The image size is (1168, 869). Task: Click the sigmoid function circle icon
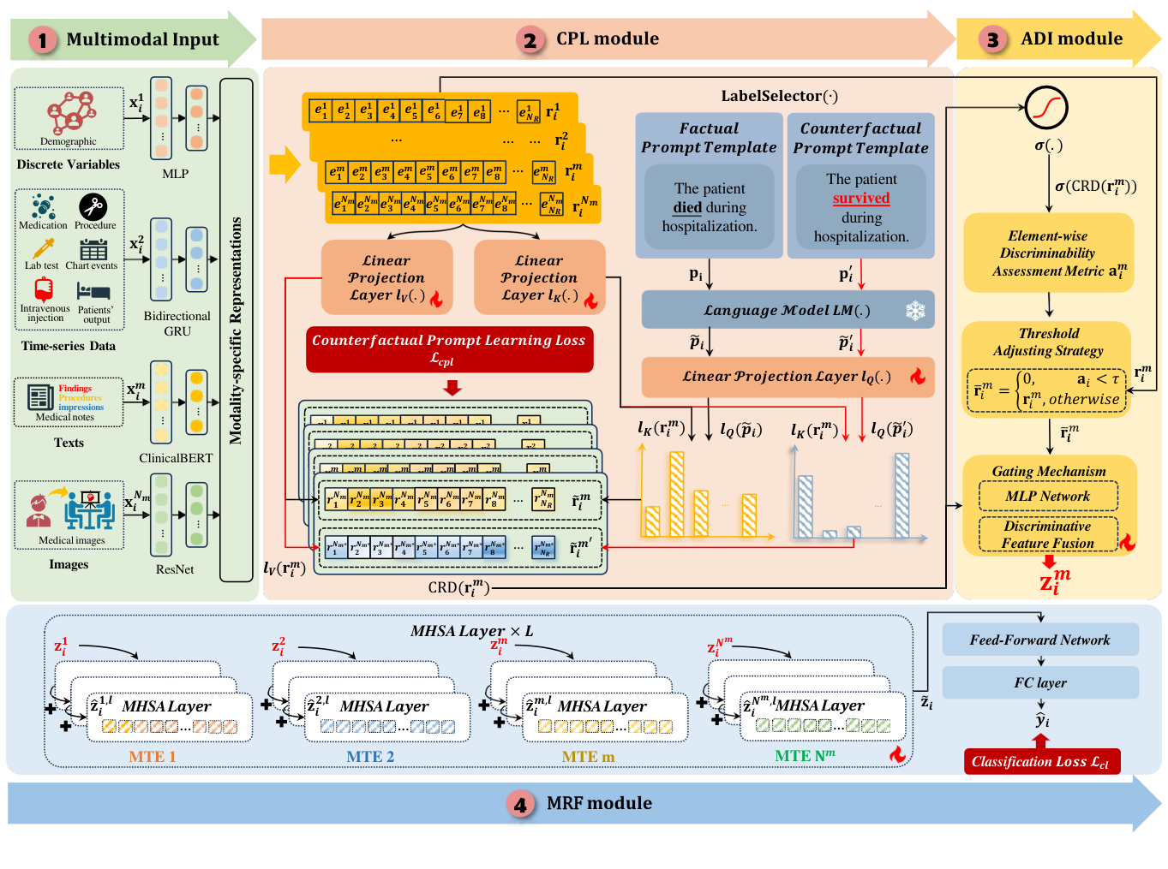[1046, 107]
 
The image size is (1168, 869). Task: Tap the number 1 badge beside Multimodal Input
[42, 39]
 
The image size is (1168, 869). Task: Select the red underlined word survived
[861, 199]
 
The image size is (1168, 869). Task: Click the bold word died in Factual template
[687, 207]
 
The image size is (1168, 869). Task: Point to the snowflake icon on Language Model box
[915, 310]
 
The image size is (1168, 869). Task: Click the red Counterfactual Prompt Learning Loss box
[449, 349]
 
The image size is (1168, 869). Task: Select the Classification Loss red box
[1041, 761]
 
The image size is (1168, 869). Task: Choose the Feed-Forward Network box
[1039, 640]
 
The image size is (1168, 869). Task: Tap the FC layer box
[1039, 682]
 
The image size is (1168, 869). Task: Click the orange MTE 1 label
[152, 756]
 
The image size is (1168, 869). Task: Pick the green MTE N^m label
[804, 756]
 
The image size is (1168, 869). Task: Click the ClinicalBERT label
[176, 458]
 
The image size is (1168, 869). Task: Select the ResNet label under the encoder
[175, 569]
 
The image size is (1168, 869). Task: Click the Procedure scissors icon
[93, 206]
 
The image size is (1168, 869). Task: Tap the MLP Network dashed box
[1047, 497]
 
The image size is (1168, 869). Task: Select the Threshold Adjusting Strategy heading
[1048, 342]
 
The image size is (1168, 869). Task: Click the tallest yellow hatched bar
[676, 493]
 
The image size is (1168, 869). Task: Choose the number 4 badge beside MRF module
[519, 804]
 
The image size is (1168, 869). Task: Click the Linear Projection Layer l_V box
[386, 277]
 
